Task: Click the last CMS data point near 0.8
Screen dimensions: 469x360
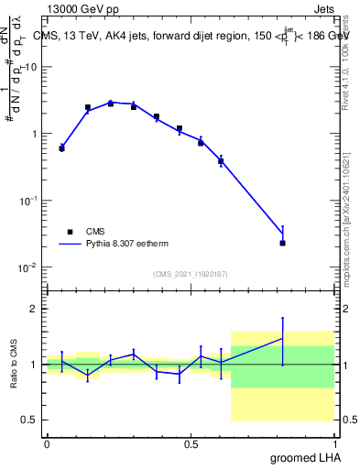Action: coord(282,243)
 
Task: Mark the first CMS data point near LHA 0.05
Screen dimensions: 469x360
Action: coord(61,147)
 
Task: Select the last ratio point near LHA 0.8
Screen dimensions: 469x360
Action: coord(282,339)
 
